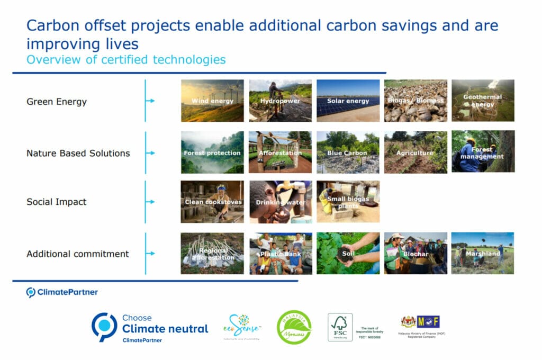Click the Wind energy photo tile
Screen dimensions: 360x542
212,101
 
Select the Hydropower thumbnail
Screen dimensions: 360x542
280,101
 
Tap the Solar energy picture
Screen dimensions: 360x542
348,101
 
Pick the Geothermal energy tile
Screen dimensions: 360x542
483,101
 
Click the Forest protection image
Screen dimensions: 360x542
212,152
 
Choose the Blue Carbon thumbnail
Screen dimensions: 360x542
348,152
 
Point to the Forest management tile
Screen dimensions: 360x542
483,152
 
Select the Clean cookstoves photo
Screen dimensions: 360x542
212,202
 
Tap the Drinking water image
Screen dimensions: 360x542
280,202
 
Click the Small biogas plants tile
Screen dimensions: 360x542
348,202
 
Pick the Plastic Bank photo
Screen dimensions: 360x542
280,254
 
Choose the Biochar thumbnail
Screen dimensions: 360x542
415,254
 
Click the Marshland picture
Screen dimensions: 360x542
483,254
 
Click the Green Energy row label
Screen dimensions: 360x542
57,102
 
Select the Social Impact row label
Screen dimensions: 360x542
57,202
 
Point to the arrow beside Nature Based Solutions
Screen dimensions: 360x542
150,153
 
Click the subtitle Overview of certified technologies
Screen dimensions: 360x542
126,59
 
